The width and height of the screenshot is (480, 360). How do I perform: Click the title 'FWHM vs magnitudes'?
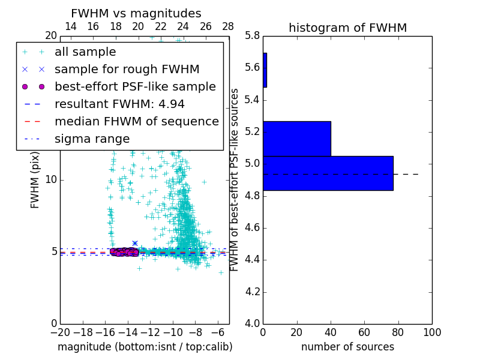(136, 14)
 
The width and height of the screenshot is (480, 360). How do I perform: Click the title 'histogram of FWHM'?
(347, 28)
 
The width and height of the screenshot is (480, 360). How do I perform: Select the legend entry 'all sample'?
(85, 52)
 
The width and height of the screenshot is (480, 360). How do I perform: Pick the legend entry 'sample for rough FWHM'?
(127, 69)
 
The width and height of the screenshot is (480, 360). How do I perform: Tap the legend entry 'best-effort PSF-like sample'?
(135, 86)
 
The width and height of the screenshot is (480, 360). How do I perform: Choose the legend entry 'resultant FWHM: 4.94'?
(119, 104)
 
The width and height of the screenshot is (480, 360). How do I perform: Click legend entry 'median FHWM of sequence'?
(136, 121)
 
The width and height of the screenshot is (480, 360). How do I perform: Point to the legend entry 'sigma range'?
(92, 139)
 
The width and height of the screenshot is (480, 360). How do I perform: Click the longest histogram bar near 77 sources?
(328, 173)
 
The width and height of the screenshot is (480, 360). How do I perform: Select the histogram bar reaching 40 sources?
(296, 139)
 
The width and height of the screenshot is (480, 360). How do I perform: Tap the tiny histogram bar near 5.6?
(265, 70)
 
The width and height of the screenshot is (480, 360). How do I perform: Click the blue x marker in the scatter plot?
(135, 243)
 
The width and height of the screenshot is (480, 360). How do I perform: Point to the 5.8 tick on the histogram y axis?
(252, 36)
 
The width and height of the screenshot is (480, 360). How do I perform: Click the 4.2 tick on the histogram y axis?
(252, 292)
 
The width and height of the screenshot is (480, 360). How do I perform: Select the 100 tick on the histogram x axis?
(432, 332)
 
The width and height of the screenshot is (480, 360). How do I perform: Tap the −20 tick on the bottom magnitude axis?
(60, 332)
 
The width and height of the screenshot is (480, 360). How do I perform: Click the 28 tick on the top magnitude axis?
(228, 26)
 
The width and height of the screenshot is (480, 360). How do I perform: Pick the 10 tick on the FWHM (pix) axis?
(51, 180)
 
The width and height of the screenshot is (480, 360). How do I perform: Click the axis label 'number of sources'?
(347, 347)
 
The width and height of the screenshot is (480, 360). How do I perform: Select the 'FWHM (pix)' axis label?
(35, 180)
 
